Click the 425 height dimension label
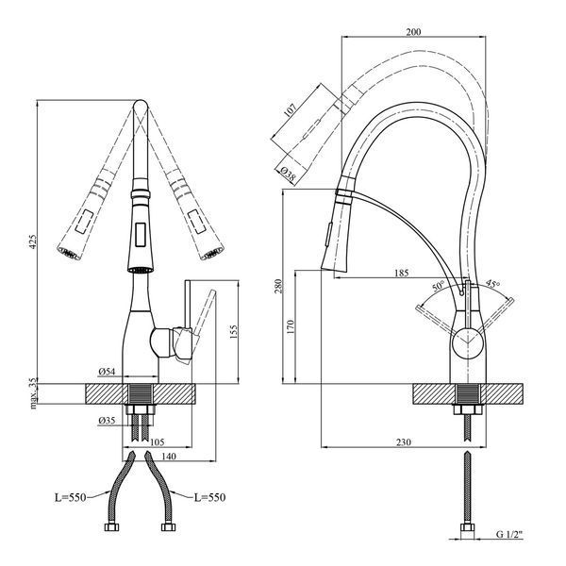(x=33, y=241)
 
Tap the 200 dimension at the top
(x=413, y=32)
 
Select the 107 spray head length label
(x=290, y=110)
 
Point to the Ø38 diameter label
(x=287, y=174)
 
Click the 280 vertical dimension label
(x=278, y=286)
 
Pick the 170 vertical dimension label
(x=291, y=326)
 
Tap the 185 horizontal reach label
(x=402, y=273)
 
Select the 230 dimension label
(x=403, y=441)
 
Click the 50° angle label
(x=439, y=286)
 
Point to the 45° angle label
(x=492, y=283)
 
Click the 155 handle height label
(x=234, y=332)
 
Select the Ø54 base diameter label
(x=107, y=372)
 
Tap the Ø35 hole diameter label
(x=107, y=420)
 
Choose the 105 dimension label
(x=157, y=442)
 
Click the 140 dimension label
(x=169, y=457)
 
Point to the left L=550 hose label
(x=71, y=498)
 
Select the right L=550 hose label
(x=209, y=497)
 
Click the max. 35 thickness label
(x=33, y=393)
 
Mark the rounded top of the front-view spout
(x=141, y=104)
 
